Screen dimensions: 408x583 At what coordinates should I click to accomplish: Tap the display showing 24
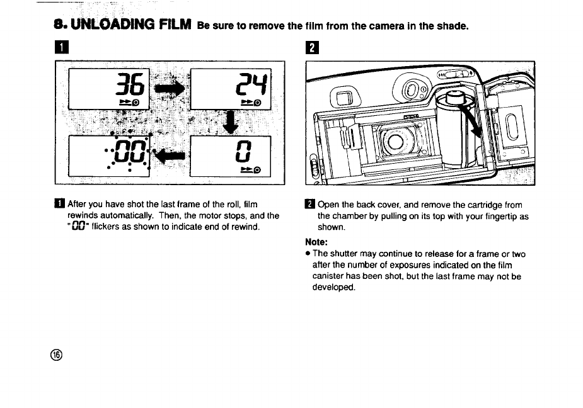coord(229,89)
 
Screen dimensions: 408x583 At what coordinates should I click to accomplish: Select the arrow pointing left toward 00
coord(170,154)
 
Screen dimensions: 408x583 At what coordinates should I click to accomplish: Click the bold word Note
coord(317,242)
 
